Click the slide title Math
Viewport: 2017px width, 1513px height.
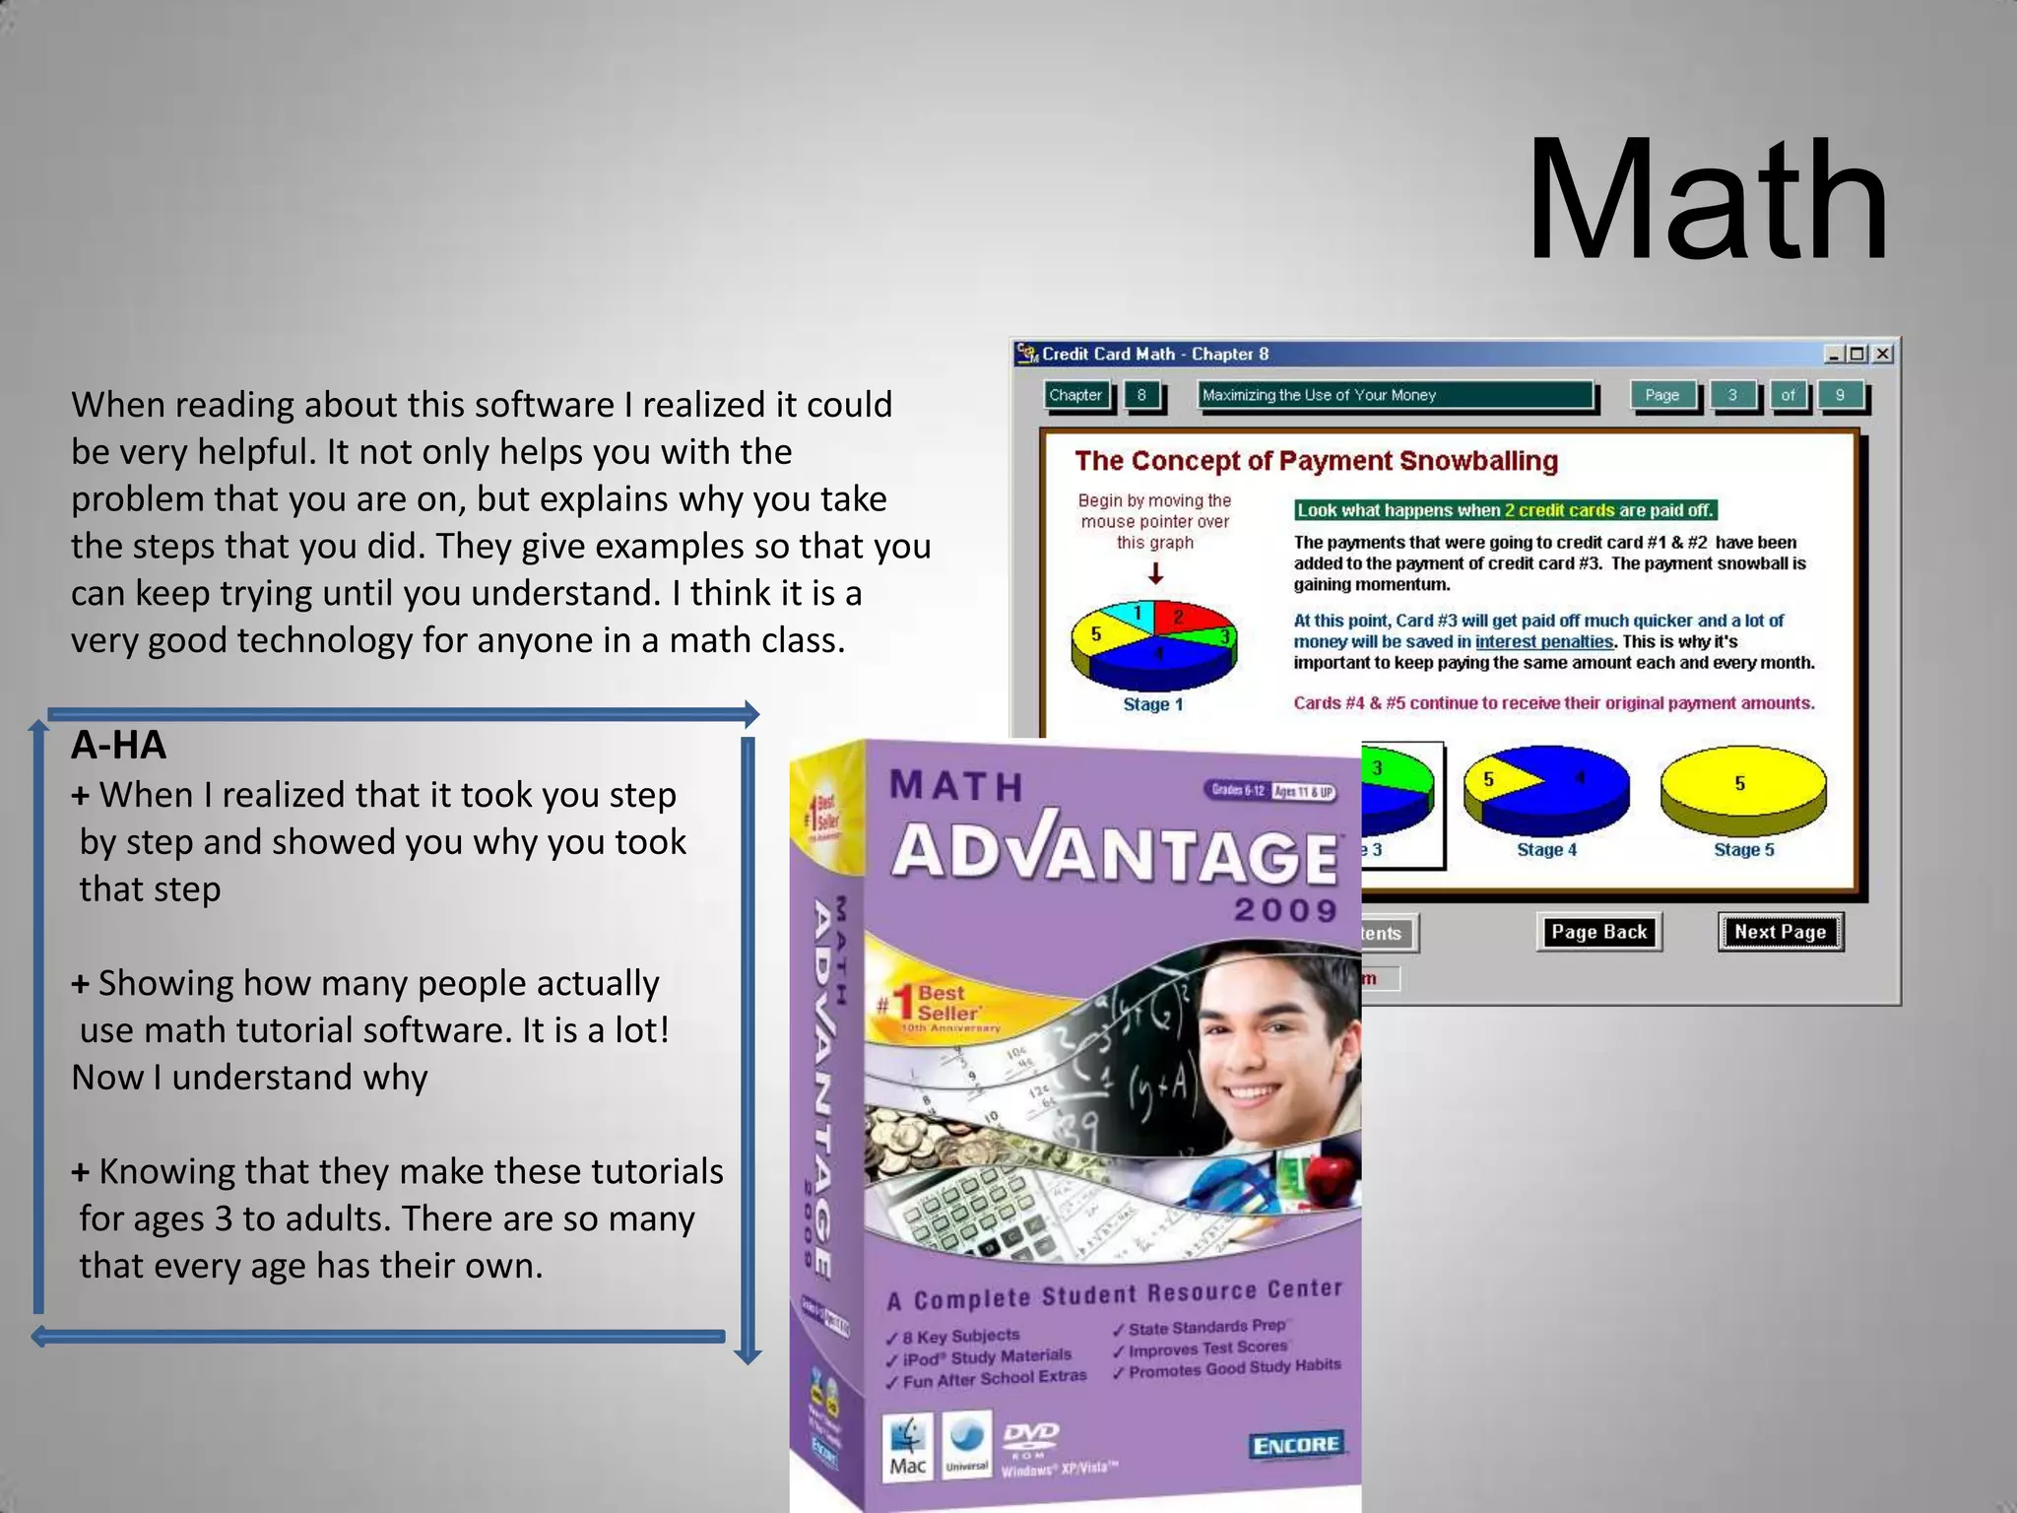1707,202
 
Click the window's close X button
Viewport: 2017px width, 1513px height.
1882,354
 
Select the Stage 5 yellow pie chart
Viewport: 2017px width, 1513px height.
1742,788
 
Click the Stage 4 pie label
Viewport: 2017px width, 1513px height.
1546,850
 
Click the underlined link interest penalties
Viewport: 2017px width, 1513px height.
1543,642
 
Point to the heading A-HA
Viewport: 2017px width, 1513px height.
119,746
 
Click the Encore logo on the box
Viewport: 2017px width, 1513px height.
1294,1445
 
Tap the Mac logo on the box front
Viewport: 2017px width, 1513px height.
908,1447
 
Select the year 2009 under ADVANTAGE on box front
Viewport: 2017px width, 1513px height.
1285,909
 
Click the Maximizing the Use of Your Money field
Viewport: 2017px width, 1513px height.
1395,395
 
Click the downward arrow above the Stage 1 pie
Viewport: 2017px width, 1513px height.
1155,573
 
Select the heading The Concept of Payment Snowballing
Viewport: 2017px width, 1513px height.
1316,461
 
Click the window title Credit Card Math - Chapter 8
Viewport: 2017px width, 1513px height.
1155,354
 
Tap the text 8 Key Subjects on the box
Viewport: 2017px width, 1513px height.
960,1337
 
